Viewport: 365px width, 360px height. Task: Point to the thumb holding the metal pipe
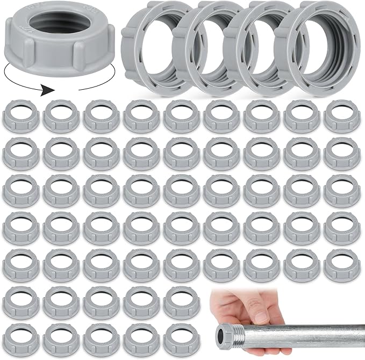(262, 315)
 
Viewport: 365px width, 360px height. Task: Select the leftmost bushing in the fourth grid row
(22, 227)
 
